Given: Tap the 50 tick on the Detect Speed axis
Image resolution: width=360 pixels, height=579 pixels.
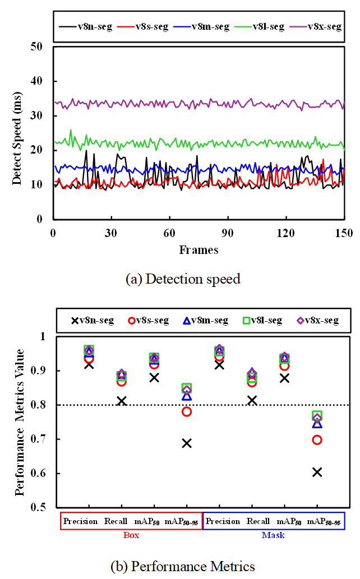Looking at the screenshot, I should [x=37, y=47].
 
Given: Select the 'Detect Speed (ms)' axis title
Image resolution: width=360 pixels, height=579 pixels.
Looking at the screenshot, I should [x=19, y=132].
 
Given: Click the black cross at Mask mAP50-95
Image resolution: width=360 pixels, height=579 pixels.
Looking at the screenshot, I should [x=317, y=472].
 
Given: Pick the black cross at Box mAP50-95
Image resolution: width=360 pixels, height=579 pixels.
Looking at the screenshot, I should [x=187, y=443].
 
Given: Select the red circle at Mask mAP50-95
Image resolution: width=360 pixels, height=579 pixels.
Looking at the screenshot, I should [x=317, y=439].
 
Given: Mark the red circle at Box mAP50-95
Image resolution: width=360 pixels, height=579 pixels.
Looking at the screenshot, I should [x=187, y=411].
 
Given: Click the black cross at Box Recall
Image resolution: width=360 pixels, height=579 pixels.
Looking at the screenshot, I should [x=121, y=401].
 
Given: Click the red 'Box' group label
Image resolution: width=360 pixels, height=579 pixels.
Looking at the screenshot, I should [x=131, y=535].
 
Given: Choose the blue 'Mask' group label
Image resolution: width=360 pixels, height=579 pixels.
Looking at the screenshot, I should [x=273, y=535].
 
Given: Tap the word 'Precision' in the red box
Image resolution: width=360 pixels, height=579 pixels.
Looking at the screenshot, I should [x=80, y=521].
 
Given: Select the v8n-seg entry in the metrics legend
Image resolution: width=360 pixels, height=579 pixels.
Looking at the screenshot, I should [x=93, y=321].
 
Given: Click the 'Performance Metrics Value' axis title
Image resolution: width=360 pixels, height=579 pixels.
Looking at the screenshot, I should [x=20, y=421].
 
